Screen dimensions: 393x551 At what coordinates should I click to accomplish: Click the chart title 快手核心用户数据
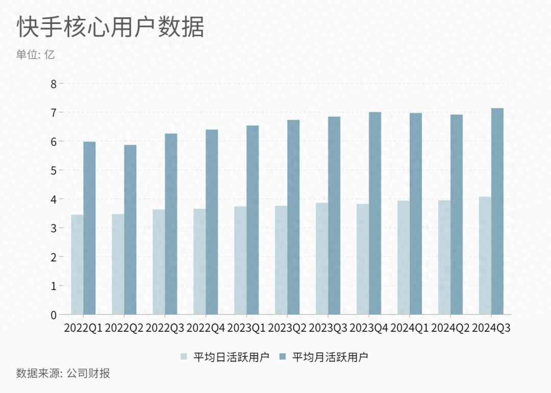click(111, 27)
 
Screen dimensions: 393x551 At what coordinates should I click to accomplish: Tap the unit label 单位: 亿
click(35, 55)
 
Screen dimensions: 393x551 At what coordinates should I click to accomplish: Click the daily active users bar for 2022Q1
click(77, 265)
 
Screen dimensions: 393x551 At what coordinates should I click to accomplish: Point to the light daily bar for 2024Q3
click(485, 255)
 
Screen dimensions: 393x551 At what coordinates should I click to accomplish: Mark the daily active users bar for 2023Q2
click(281, 260)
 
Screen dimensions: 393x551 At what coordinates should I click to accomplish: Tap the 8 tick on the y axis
click(54, 83)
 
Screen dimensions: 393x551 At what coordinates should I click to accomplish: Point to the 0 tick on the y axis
click(54, 315)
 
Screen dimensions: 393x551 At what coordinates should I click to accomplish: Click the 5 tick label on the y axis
click(54, 170)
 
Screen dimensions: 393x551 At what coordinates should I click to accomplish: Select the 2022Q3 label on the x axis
click(165, 328)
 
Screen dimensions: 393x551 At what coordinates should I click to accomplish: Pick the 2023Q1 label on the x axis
click(246, 328)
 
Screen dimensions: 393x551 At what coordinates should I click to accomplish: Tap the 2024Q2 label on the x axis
click(450, 328)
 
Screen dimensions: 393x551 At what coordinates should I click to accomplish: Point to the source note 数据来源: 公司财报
click(63, 374)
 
